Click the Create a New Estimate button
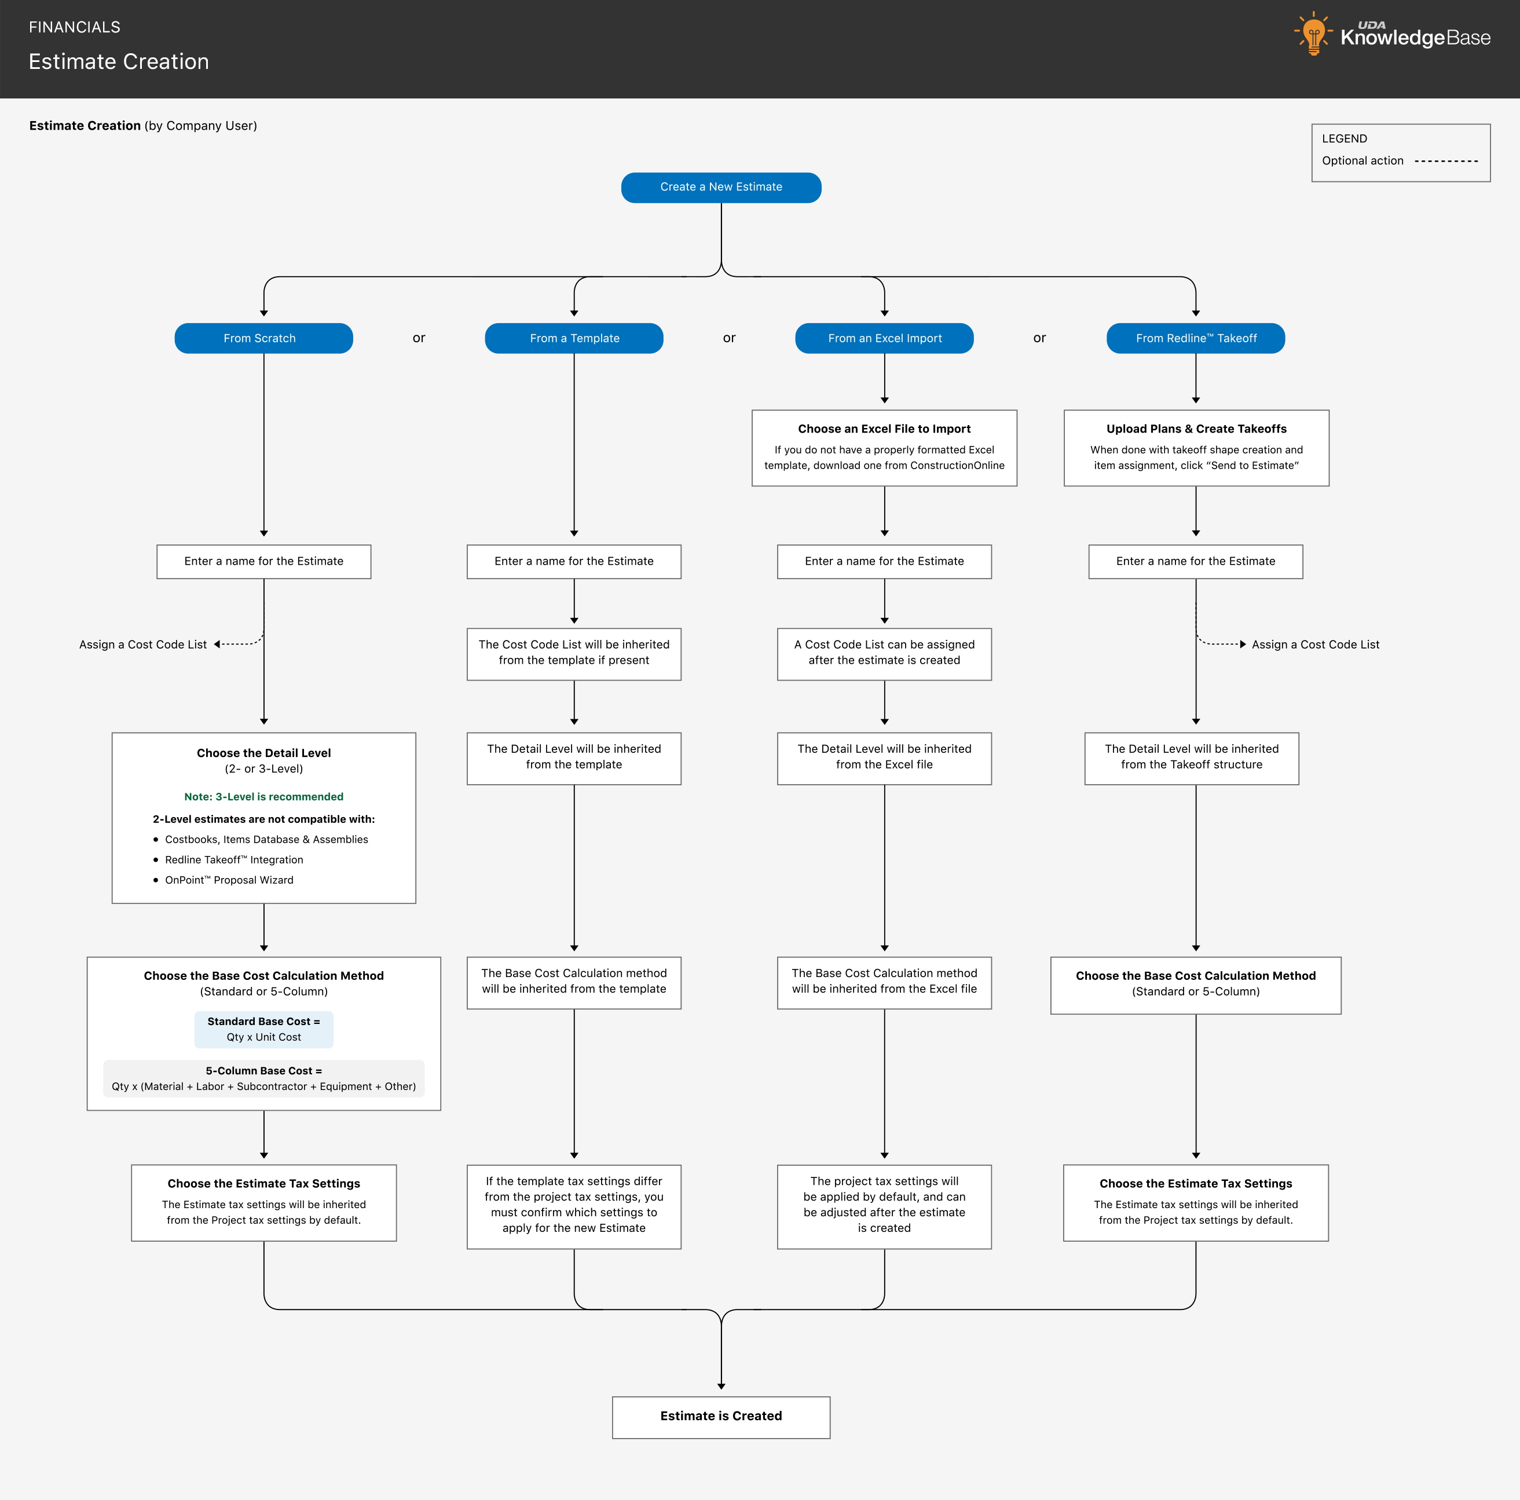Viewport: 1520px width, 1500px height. [x=721, y=187]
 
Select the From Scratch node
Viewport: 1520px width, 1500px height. [x=263, y=338]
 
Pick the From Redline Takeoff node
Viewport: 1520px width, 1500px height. [x=1195, y=338]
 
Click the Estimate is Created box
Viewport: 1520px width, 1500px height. [x=721, y=1417]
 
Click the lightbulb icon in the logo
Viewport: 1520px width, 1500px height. [x=1313, y=33]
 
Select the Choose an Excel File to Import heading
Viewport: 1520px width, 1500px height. [x=884, y=429]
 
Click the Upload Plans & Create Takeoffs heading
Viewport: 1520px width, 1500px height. [x=1196, y=429]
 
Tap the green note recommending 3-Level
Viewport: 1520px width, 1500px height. [x=263, y=796]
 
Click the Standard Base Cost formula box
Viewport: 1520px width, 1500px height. [x=263, y=1029]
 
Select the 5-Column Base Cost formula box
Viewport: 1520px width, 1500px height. [x=263, y=1079]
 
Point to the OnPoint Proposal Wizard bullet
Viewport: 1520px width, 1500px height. [x=224, y=880]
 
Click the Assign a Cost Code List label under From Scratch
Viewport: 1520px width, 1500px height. [x=143, y=645]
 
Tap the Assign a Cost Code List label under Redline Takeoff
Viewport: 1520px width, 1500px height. [x=1316, y=645]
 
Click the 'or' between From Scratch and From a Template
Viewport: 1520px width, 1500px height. [x=419, y=338]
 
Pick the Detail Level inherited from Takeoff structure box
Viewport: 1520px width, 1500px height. [x=1191, y=759]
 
